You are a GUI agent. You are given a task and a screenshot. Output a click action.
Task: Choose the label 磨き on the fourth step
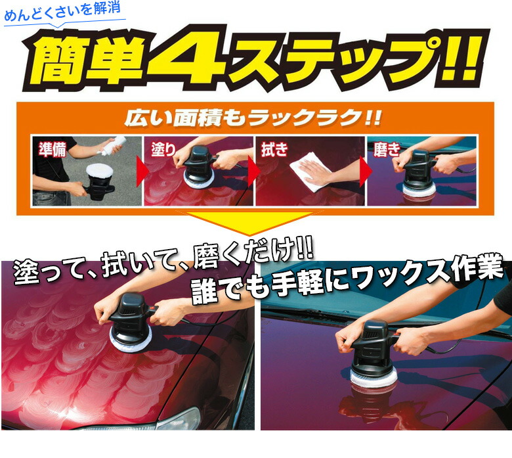(387, 149)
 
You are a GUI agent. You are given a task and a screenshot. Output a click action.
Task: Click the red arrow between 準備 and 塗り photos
(139, 173)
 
